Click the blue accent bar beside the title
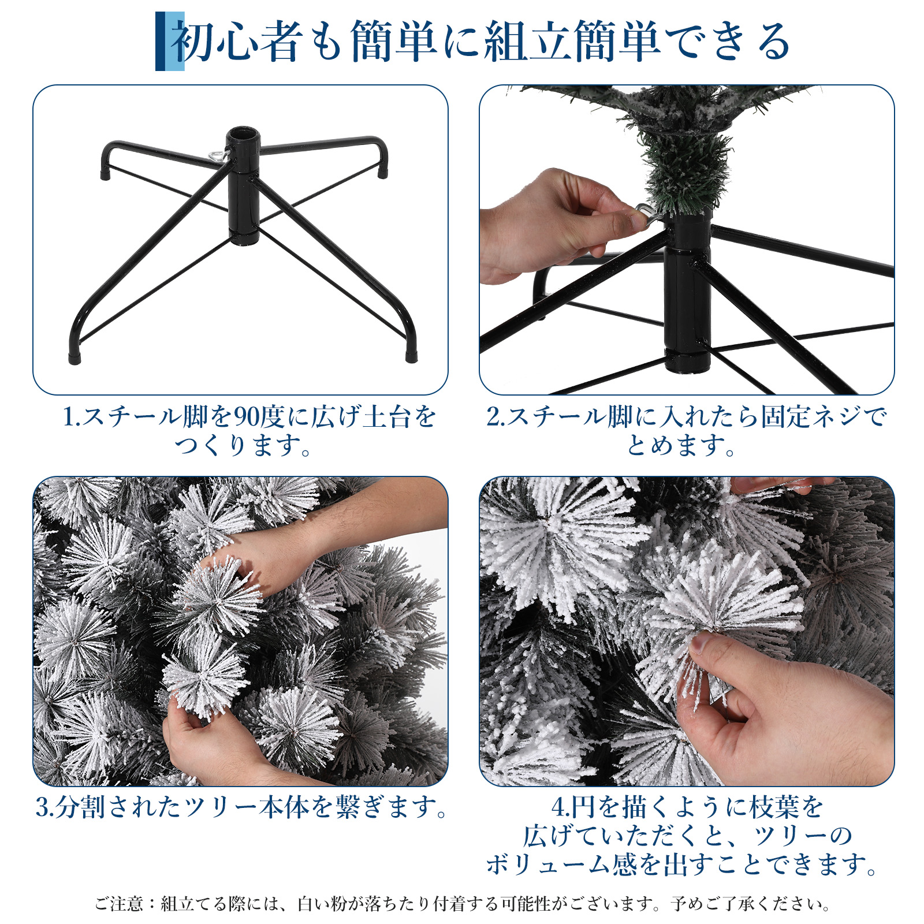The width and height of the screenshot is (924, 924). coord(169,41)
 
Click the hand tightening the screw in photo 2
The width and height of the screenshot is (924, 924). coord(554,225)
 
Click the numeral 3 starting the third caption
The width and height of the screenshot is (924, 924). coord(42,807)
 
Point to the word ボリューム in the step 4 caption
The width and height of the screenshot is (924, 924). coord(549,865)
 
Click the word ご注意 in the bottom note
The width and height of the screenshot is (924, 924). coord(118,904)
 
